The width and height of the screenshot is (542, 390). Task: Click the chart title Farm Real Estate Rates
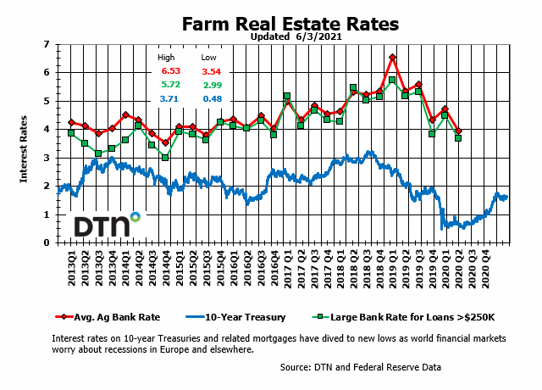(x=290, y=24)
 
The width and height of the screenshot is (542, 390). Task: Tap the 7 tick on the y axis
(x=47, y=43)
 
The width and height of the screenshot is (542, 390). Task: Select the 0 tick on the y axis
(x=47, y=242)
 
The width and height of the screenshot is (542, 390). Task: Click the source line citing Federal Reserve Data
(x=361, y=367)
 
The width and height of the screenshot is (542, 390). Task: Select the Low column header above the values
(x=208, y=57)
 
